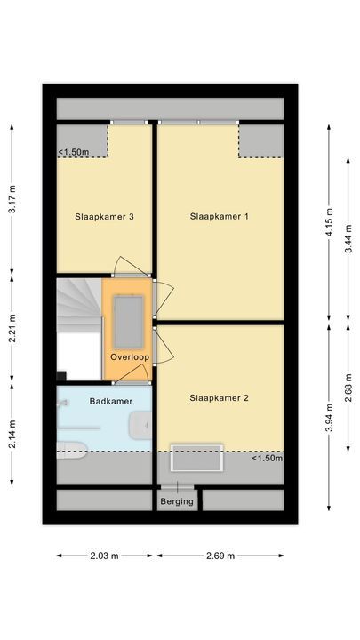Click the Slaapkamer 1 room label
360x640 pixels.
(220, 216)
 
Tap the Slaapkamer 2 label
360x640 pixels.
(220, 397)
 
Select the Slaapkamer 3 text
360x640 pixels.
(104, 216)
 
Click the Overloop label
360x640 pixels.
(129, 357)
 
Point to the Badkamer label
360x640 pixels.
(111, 402)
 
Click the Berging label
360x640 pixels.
(176, 502)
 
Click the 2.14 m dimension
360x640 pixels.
(12, 433)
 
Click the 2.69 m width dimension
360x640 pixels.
(220, 556)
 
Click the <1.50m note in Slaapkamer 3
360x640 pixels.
(75, 152)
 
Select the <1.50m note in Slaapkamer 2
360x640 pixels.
(266, 458)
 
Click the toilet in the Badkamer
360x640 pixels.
(71, 449)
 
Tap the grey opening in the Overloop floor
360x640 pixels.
(129, 320)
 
